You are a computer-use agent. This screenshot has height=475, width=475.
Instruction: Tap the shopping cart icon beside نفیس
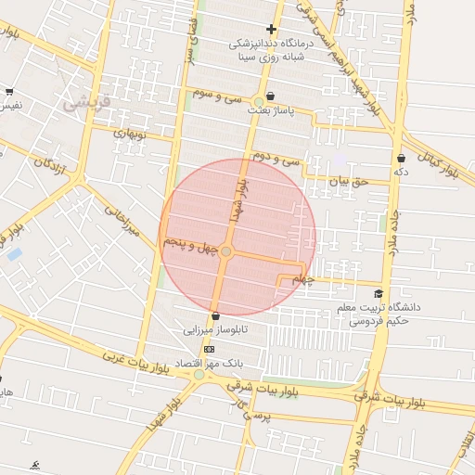9,91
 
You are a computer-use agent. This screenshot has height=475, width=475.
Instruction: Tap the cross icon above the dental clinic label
270,29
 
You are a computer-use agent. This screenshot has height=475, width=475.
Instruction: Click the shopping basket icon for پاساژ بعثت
270,96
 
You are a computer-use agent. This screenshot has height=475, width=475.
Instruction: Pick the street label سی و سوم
217,96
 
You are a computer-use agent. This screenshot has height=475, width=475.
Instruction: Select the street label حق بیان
350,182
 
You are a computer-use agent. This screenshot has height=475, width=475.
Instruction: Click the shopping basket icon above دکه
401,158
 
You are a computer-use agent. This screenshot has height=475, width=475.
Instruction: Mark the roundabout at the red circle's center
226,250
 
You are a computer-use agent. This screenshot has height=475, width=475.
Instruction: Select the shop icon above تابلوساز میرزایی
215,315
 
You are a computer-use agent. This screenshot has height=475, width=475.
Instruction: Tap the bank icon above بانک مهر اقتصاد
209,349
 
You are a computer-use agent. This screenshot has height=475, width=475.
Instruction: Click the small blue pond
14,253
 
